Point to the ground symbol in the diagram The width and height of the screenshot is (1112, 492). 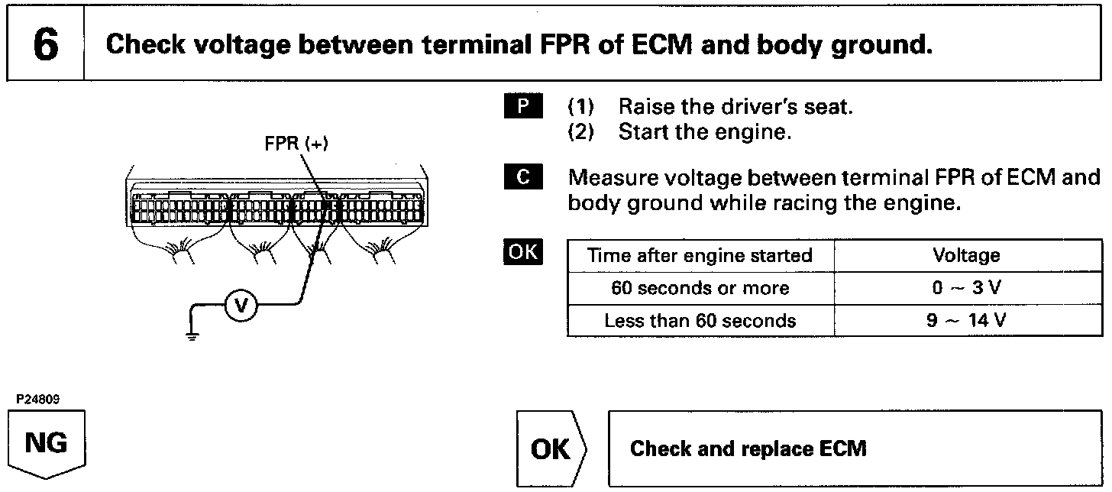tap(192, 335)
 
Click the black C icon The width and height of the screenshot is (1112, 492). tap(523, 178)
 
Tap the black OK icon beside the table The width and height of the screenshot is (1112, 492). tap(523, 252)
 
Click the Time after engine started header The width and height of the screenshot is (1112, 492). tap(700, 255)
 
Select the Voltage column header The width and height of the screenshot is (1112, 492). tap(966, 255)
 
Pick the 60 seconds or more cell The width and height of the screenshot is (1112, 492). tap(700, 288)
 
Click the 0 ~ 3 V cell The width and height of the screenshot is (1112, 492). tap(966, 288)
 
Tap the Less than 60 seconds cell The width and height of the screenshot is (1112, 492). tap(700, 321)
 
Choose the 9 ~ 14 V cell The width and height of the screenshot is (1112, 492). tap(966, 321)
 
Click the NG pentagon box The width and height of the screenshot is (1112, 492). tap(47, 444)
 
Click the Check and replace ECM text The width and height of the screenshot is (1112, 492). tap(748, 448)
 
